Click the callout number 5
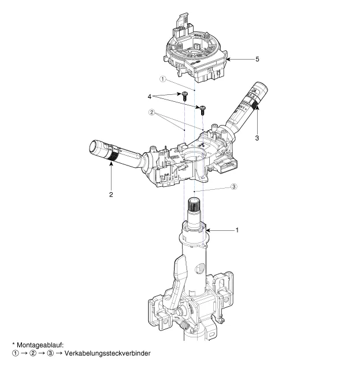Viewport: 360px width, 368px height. click(x=258, y=59)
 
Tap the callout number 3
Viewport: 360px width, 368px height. click(x=257, y=138)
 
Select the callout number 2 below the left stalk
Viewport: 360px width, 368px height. click(x=110, y=194)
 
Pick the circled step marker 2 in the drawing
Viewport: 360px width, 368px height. click(x=151, y=113)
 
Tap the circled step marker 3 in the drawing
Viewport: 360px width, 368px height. click(x=233, y=186)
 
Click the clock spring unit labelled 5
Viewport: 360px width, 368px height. click(x=194, y=55)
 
